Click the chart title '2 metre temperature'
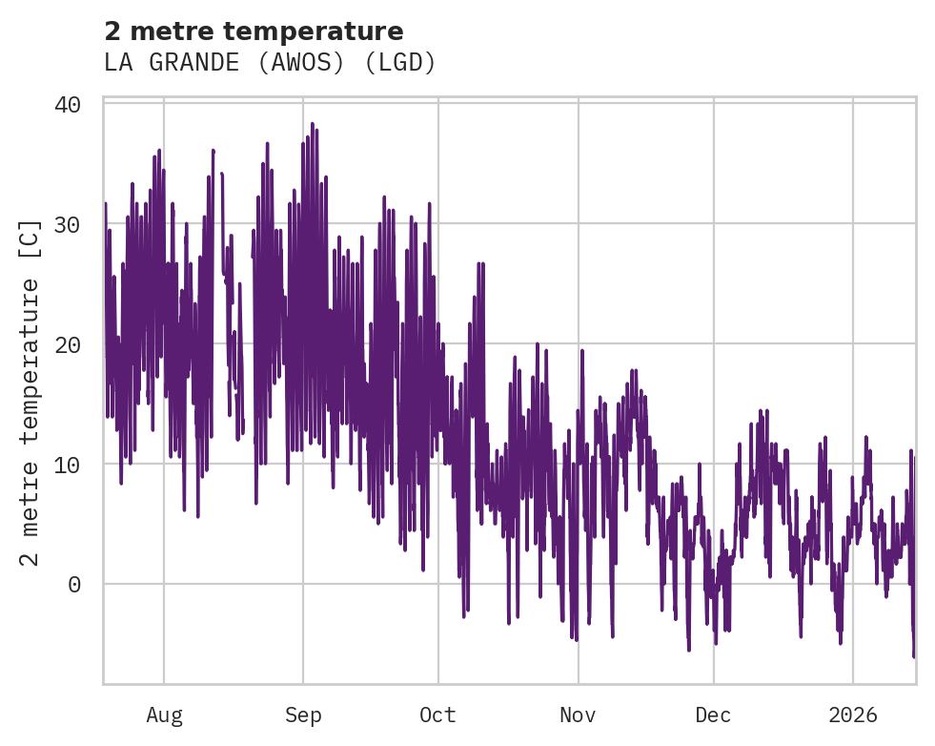click(254, 31)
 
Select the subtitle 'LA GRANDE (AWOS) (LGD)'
click(270, 63)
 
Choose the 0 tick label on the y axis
click(75, 585)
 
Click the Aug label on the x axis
click(164, 715)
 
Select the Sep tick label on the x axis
click(303, 715)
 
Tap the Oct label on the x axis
click(438, 715)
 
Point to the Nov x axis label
click(578, 715)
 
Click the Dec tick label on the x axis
click(713, 715)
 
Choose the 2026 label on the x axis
click(853, 715)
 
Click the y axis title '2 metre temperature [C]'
click(30, 392)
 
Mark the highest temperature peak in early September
click(312, 124)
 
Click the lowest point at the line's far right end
click(913, 656)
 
